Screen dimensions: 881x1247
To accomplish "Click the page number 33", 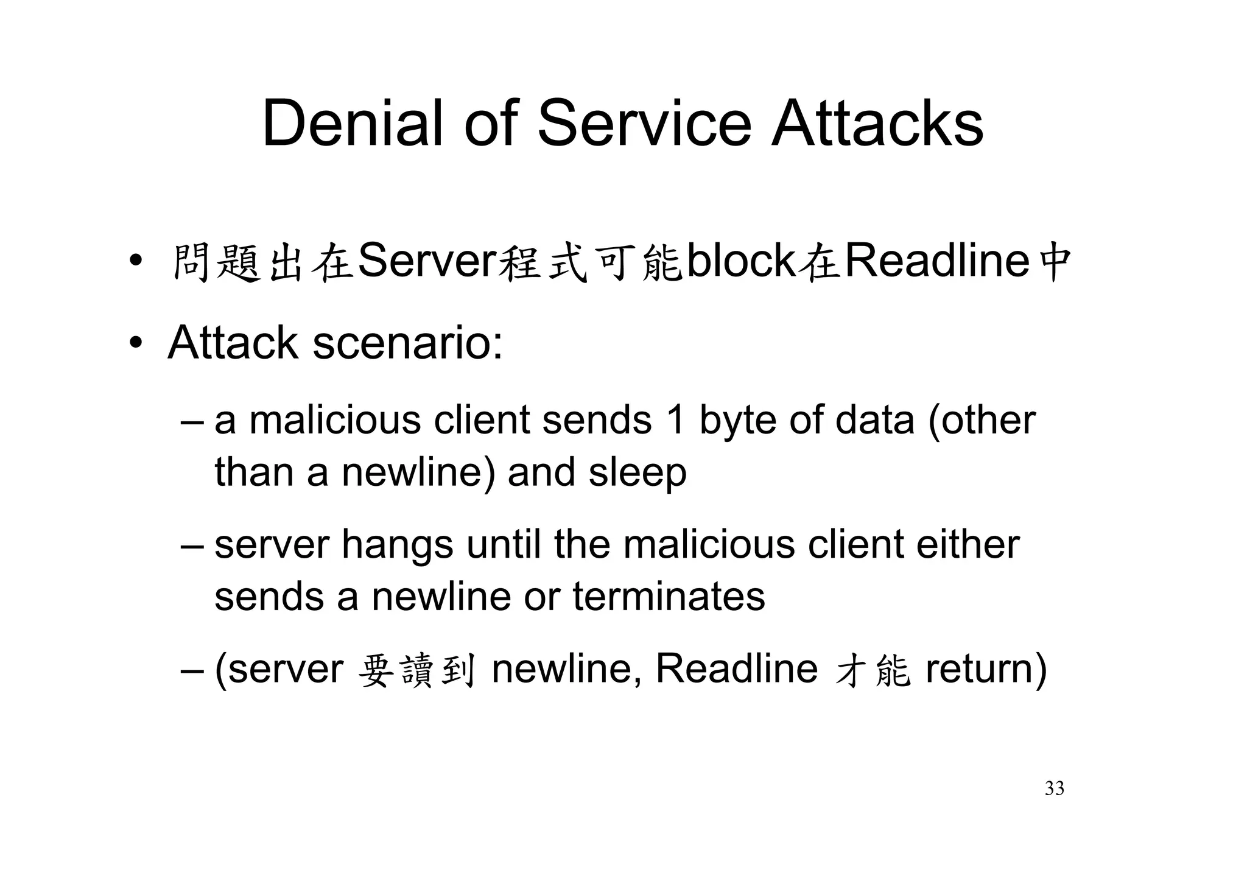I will tap(1054, 788).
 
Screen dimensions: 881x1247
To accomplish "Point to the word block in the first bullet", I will tap(740, 261).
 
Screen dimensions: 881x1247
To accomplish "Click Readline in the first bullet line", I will tap(937, 261).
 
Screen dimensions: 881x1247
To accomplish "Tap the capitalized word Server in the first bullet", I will tap(427, 261).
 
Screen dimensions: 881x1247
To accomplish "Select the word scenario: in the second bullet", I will tap(408, 343).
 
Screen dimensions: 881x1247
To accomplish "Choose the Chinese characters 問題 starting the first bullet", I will tap(216, 263).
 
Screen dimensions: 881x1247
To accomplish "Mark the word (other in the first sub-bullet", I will tap(981, 420).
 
